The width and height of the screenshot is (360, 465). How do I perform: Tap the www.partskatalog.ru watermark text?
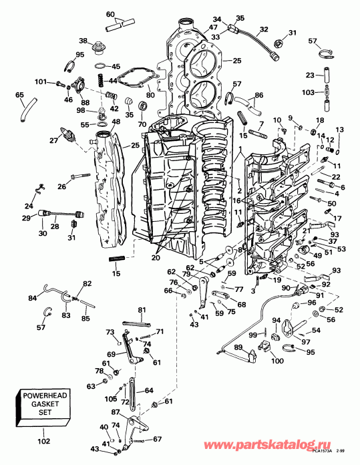[x=291, y=444]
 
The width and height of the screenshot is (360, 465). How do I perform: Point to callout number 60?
[x=111, y=15]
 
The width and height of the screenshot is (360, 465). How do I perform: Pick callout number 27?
[x=54, y=140]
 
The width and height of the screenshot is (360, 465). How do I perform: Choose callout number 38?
[x=83, y=41]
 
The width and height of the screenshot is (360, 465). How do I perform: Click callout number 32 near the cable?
[x=263, y=29]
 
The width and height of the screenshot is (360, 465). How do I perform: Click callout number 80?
[x=150, y=95]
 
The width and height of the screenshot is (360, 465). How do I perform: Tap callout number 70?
[x=142, y=124]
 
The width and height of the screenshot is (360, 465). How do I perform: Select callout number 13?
[x=339, y=130]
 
